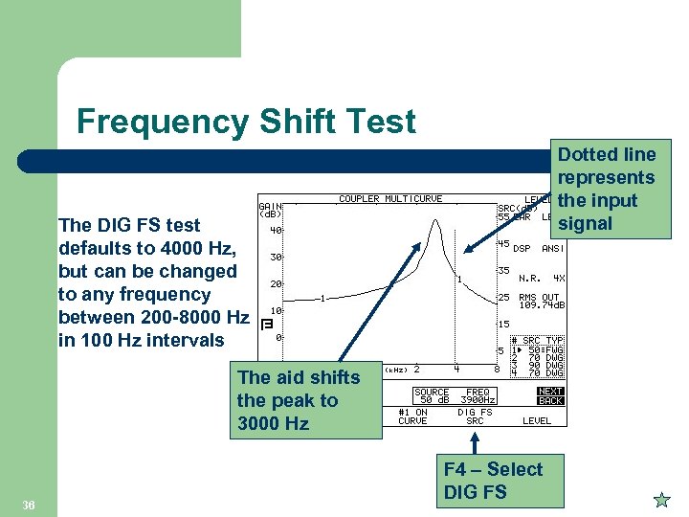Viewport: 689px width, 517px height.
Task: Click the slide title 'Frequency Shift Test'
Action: (x=246, y=122)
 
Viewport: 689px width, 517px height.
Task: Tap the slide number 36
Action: (x=30, y=504)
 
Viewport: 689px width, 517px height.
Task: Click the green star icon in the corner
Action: (x=660, y=500)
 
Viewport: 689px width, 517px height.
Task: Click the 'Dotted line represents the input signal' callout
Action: (x=608, y=189)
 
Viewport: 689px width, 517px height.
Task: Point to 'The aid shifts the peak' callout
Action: (x=299, y=400)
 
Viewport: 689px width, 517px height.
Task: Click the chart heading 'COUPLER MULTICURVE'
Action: (x=390, y=199)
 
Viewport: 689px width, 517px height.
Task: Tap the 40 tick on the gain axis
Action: (x=275, y=230)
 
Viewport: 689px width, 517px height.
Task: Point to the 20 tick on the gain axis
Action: (x=275, y=284)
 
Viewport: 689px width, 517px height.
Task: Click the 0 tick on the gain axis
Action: (x=278, y=337)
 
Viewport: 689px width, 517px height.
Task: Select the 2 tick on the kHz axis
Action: (x=416, y=369)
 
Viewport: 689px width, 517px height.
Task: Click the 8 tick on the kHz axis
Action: (x=496, y=369)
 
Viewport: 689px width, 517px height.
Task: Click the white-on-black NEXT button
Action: (x=550, y=392)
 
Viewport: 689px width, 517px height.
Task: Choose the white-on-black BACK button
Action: (x=550, y=400)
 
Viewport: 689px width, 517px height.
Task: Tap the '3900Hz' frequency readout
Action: (x=476, y=400)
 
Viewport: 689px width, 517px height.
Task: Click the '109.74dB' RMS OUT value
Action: (x=542, y=305)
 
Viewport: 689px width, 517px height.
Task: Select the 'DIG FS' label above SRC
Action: (x=475, y=413)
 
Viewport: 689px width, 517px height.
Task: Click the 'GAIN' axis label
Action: (x=270, y=205)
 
